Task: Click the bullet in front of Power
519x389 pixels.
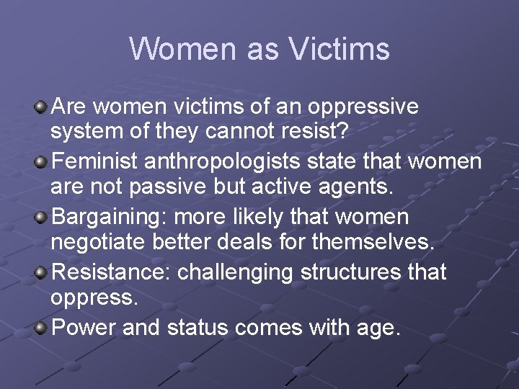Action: click(x=42, y=328)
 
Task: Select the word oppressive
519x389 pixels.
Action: click(x=363, y=107)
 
